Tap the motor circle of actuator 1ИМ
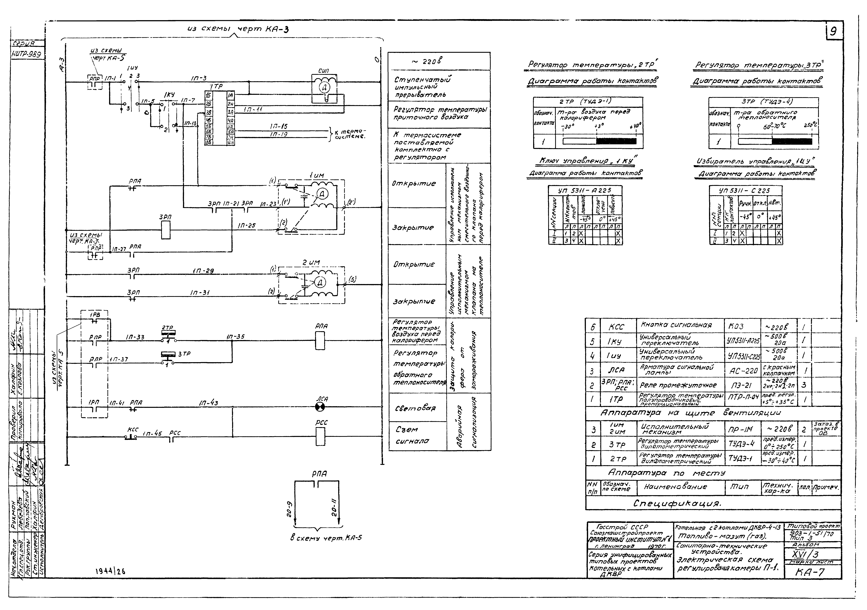(x=322, y=194)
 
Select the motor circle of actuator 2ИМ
(x=319, y=282)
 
